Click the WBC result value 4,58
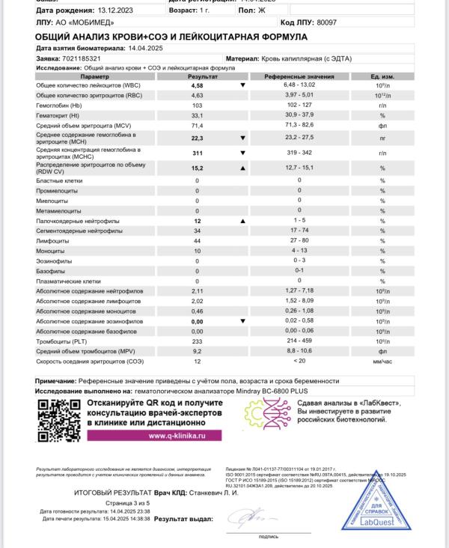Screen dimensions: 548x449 coord(198,85)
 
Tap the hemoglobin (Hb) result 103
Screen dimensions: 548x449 coord(198,106)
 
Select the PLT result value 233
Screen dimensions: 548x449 coord(198,341)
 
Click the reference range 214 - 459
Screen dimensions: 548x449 coord(299,341)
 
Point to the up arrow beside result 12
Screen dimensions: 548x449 coord(242,222)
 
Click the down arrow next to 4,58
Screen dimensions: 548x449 coord(242,85)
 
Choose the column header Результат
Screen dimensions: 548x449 coord(198,76)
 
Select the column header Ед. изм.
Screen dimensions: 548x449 coord(382,76)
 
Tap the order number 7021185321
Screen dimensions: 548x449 coord(84,58)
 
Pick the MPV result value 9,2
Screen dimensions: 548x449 coord(198,350)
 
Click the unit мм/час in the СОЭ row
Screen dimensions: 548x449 coord(382,361)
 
